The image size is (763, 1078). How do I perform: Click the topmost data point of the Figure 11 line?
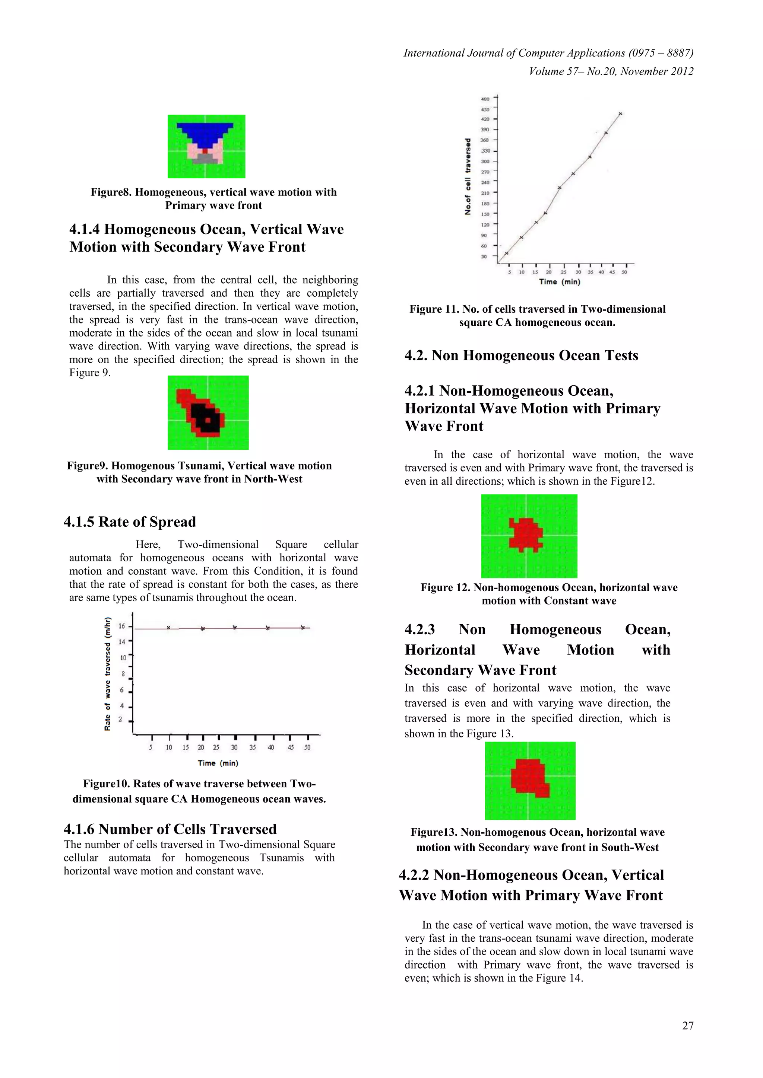point(621,114)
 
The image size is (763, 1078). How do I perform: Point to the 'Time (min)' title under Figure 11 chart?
point(560,282)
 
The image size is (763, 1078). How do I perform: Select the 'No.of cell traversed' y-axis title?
point(468,176)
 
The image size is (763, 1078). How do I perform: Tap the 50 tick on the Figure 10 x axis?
point(307,747)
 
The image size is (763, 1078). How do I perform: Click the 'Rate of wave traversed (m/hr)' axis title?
point(108,674)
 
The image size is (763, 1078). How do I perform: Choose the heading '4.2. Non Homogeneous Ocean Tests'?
point(521,355)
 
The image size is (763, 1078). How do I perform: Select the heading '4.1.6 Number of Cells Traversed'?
point(170,829)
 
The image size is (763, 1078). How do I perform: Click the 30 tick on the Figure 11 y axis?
point(484,256)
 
